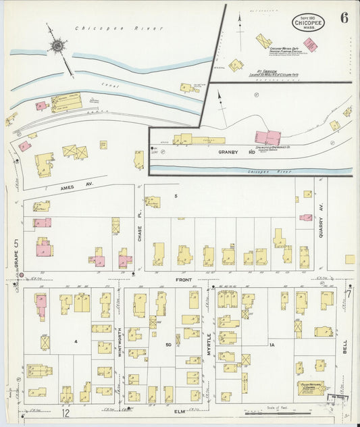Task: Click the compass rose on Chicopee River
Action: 58,46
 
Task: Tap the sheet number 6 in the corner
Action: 344,18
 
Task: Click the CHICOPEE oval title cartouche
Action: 307,22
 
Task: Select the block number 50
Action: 170,345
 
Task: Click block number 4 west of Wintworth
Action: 76,342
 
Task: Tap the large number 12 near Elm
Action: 66,413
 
